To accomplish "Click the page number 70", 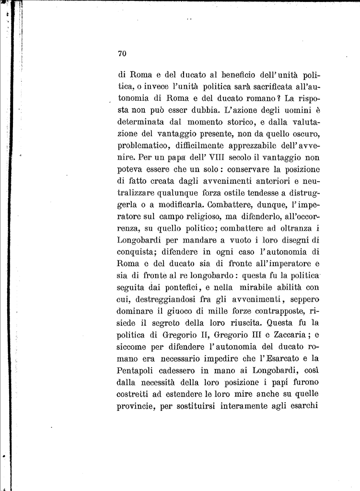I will (121, 54).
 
